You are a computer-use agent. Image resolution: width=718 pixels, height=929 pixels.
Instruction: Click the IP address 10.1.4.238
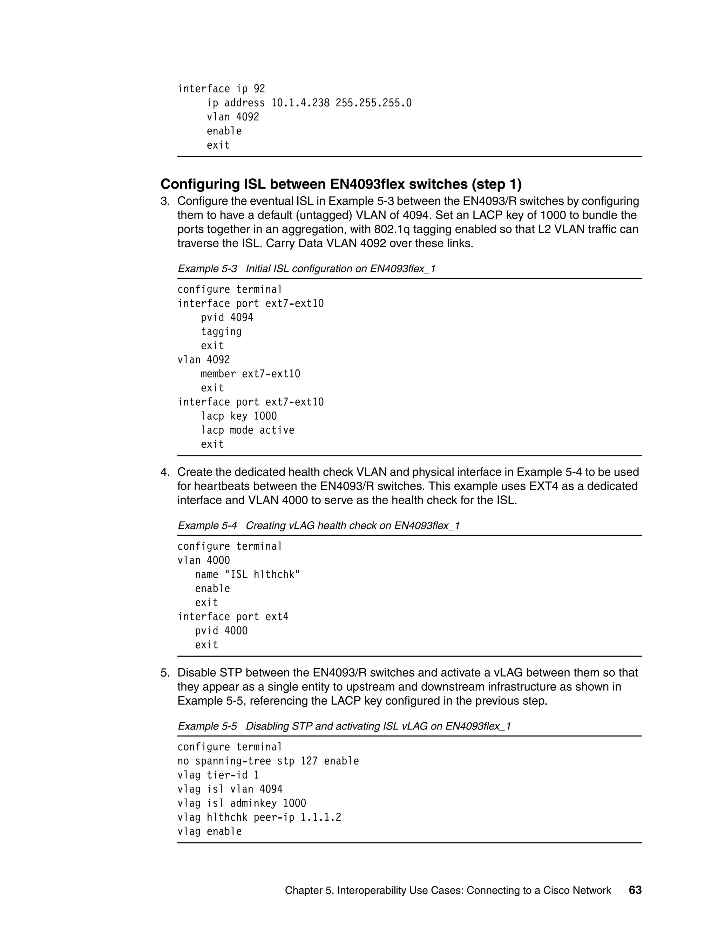300,103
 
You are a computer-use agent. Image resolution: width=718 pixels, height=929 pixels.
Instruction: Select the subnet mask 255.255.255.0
373,103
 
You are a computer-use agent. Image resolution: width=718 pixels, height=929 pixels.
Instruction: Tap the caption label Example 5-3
207,269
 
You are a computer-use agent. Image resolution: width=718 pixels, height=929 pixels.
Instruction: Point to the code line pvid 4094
227,318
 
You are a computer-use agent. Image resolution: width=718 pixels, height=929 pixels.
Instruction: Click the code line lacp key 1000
239,416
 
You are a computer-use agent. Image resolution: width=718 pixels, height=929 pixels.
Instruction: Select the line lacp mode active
247,430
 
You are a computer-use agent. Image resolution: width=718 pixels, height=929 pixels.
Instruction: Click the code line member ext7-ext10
250,374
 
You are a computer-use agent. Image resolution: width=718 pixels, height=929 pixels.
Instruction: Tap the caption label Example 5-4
207,526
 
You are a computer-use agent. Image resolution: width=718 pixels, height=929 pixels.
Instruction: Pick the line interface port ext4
233,617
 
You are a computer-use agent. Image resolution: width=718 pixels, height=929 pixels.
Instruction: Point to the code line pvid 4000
221,631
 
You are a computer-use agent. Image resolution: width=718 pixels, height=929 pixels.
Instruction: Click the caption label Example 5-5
207,726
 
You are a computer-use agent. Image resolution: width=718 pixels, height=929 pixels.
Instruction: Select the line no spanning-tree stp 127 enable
268,761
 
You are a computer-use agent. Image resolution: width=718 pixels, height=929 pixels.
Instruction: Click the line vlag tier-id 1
218,775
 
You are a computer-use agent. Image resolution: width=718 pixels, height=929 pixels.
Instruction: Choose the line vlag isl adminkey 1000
242,803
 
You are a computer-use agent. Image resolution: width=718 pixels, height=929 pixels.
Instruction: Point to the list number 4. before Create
165,472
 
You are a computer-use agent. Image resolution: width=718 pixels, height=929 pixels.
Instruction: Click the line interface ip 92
221,89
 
